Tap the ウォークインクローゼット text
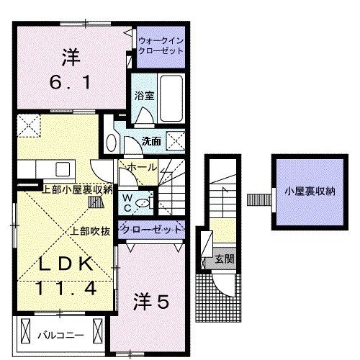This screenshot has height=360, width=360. pyautogui.click(x=161, y=46)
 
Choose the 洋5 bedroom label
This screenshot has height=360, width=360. pyautogui.click(x=151, y=303)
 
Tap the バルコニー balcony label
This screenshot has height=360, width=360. pyautogui.click(x=60, y=336)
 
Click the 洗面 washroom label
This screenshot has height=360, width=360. pyautogui.click(x=151, y=140)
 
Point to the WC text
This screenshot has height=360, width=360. pyautogui.click(x=127, y=201)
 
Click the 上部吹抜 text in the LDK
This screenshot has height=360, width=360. pyautogui.click(x=90, y=231)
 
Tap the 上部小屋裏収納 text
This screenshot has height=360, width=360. pyautogui.click(x=77, y=190)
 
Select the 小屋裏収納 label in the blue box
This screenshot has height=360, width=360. pyautogui.click(x=310, y=192)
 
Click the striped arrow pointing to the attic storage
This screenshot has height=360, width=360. pyautogui.click(x=256, y=199)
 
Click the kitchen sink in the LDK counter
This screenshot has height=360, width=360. pyautogui.click(x=62, y=170)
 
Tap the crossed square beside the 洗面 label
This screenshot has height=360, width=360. pyautogui.click(x=175, y=140)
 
